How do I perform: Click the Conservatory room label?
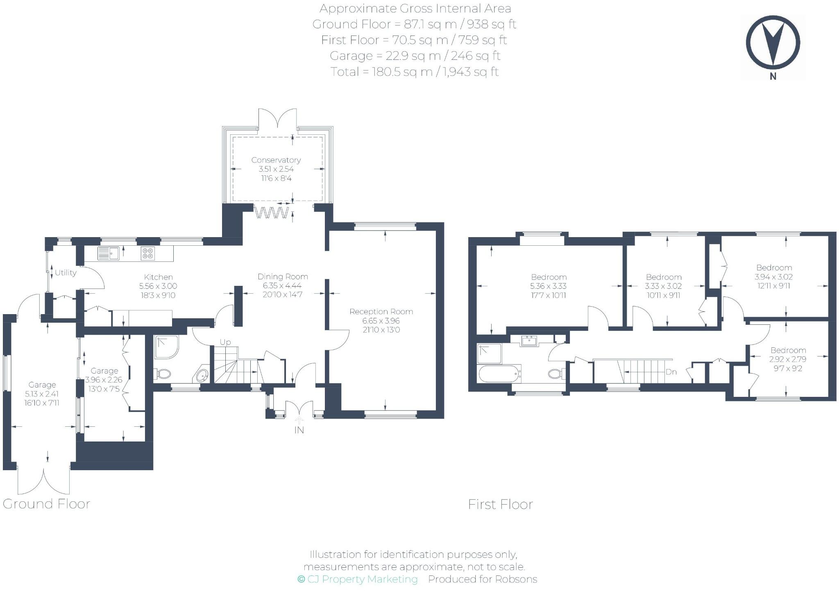[276, 160]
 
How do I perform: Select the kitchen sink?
[108, 254]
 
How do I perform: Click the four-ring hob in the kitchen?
[148, 254]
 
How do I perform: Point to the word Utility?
[66, 273]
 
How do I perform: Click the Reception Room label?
[381, 312]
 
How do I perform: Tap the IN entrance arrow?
[299, 421]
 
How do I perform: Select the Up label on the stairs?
[225, 342]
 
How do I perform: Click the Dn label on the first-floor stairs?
[671, 372]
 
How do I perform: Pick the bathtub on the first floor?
[499, 373]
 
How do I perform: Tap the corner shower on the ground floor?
[166, 347]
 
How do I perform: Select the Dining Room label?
[283, 276]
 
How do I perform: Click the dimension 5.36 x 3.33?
[549, 286]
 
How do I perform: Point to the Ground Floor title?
[46, 504]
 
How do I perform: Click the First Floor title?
[500, 504]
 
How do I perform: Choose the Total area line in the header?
[414, 72]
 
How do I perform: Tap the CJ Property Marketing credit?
[358, 579]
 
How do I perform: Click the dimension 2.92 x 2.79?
[788, 359]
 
